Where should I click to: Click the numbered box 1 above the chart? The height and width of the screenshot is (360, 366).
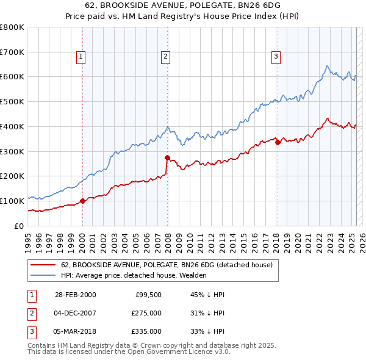point(81,57)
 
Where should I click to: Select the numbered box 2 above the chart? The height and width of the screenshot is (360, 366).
point(165,57)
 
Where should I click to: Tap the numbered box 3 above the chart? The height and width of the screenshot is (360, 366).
point(276,57)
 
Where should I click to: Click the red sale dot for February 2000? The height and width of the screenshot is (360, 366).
point(83,201)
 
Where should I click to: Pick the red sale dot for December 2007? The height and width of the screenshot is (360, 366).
point(167,157)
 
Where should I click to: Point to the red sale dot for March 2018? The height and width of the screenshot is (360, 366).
point(278,143)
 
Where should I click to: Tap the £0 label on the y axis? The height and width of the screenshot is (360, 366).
point(18,226)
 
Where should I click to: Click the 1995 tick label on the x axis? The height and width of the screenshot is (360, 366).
point(27,238)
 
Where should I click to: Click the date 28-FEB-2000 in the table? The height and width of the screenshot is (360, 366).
point(76,295)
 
